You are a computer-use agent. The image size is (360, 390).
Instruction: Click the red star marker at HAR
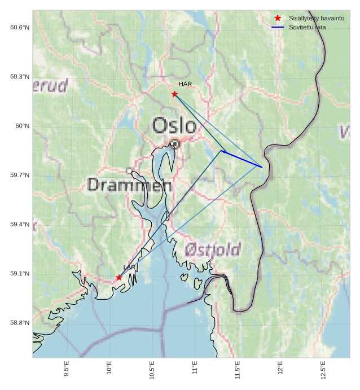click(x=174, y=94)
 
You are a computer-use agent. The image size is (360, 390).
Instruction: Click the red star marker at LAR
click(x=118, y=277)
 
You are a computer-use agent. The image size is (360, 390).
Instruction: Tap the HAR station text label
click(x=185, y=84)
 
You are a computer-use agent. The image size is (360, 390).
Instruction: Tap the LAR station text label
click(x=129, y=267)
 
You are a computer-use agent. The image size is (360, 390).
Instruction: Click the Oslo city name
click(x=174, y=125)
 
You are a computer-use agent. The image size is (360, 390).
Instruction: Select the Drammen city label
click(x=130, y=185)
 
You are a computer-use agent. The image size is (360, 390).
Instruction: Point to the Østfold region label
click(x=213, y=249)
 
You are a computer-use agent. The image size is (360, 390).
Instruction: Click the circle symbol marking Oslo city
click(x=175, y=144)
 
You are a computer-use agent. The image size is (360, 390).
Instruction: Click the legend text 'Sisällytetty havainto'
click(x=316, y=19)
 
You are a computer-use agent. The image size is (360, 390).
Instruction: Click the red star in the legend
click(x=278, y=18)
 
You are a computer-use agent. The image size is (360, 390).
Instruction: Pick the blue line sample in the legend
click(x=278, y=27)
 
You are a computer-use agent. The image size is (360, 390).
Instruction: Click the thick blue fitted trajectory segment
click(x=243, y=159)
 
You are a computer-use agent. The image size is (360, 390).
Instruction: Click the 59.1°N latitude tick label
click(x=20, y=274)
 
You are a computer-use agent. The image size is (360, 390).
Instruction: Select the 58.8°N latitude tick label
click(x=20, y=323)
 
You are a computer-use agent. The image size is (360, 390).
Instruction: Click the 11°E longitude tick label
click(x=195, y=368)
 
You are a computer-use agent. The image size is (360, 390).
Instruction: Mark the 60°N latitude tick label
click(x=22, y=126)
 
